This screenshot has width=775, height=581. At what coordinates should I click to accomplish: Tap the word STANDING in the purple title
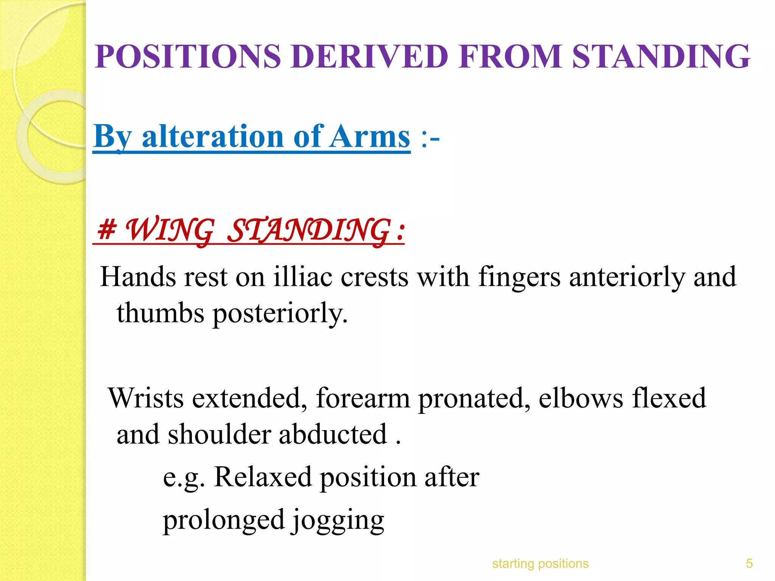pyautogui.click(x=661, y=57)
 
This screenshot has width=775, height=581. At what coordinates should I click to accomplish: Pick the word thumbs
pyautogui.click(x=160, y=313)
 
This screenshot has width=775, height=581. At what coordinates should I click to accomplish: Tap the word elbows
pyautogui.click(x=580, y=398)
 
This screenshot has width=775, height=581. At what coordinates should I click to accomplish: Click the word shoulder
pyautogui.click(x=219, y=434)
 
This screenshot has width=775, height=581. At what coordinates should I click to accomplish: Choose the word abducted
pyautogui.click(x=333, y=434)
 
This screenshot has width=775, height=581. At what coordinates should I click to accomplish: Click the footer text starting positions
pyautogui.click(x=540, y=564)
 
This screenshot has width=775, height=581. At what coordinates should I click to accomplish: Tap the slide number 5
pyautogui.click(x=749, y=564)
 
